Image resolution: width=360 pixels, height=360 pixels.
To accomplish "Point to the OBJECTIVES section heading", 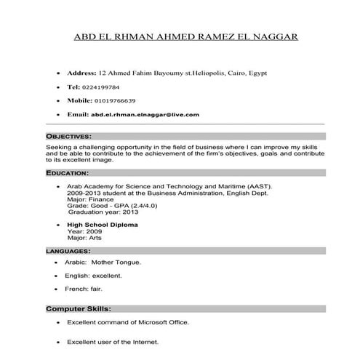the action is (x=68, y=136).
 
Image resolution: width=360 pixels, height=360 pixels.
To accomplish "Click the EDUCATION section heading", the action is (x=67, y=174).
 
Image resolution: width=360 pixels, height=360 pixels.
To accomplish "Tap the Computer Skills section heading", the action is (x=77, y=308).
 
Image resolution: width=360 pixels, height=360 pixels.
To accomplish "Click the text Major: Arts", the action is (x=84, y=238).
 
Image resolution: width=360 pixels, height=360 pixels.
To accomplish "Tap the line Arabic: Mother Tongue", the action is (x=103, y=262).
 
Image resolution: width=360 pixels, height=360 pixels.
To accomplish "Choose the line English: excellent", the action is (x=93, y=276).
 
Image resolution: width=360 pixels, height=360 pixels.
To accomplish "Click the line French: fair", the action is (x=84, y=290).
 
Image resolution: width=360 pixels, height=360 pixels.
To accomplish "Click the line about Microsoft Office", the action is (x=127, y=322).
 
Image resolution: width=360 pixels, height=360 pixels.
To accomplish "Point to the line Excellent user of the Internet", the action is (x=112, y=342).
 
